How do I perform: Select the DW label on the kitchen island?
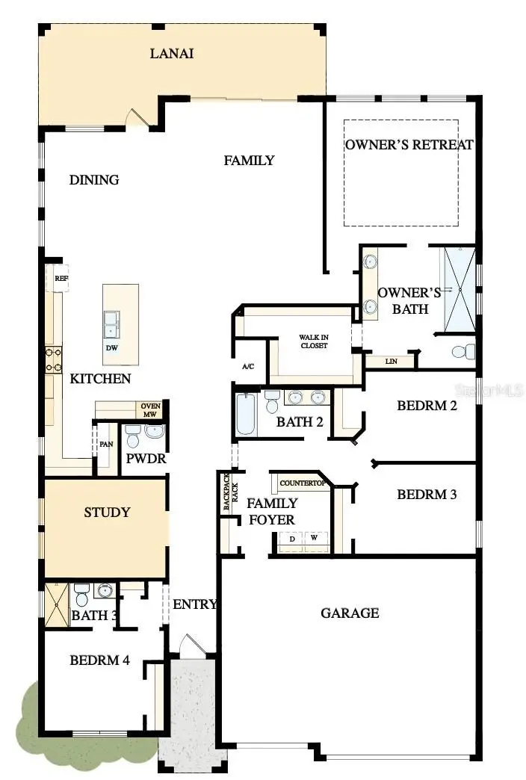tap(111, 347)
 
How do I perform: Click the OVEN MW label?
tap(149, 410)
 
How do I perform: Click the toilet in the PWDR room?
tap(132, 436)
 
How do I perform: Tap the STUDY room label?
tap(107, 513)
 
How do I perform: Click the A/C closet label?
tap(249, 367)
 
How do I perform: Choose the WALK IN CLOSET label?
tap(314, 341)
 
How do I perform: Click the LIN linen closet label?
tap(390, 362)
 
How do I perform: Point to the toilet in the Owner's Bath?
tap(463, 350)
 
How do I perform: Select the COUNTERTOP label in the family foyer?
tap(302, 483)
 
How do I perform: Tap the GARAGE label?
tap(350, 613)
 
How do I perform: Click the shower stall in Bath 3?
tap(56, 604)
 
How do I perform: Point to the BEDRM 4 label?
tap(99, 660)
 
